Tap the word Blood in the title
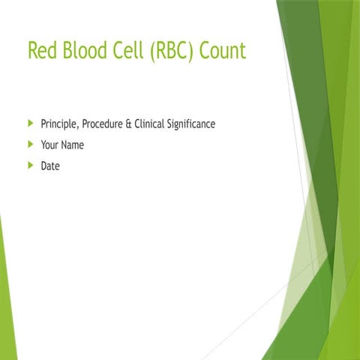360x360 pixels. tap(85, 51)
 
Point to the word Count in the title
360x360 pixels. tap(222, 51)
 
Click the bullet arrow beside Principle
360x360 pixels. tap(30, 122)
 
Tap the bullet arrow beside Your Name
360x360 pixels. tap(30, 144)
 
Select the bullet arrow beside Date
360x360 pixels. tap(30, 165)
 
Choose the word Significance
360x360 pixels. tap(191, 123)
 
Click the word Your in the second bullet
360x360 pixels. tap(49, 145)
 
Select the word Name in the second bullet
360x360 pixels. tap(72, 145)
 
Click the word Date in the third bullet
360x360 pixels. tap(49, 166)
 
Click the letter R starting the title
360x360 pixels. tap(34, 51)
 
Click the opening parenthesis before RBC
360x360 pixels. tap(154, 51)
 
